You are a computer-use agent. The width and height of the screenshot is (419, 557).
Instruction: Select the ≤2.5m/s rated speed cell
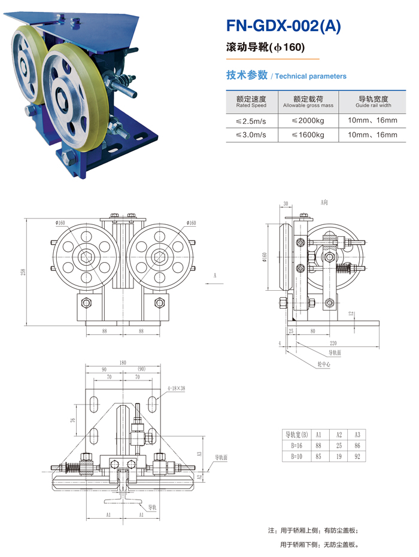[251, 120]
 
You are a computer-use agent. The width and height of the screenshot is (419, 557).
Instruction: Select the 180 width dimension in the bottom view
[123, 363]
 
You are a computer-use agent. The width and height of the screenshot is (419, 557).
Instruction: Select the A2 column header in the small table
[339, 434]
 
